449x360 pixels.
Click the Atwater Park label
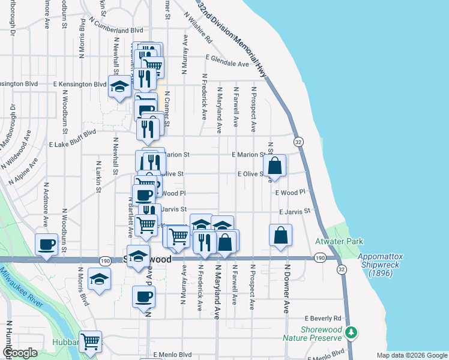coord(339,241)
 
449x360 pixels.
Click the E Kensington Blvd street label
coord(80,85)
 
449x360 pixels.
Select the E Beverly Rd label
coord(322,318)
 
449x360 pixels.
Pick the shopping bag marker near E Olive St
coord(274,166)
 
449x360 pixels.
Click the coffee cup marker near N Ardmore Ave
coord(46,244)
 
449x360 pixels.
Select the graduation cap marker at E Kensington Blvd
coord(119,86)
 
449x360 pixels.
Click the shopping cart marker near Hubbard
coord(91,341)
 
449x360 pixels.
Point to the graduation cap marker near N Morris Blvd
coord(99,278)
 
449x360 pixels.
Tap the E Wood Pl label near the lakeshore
coord(291,193)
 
